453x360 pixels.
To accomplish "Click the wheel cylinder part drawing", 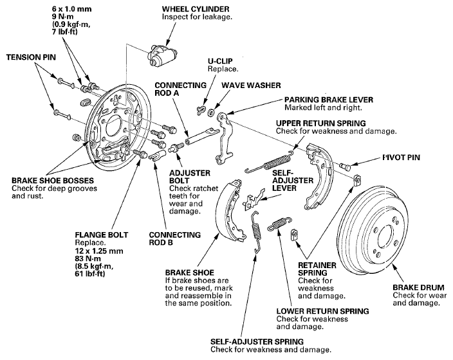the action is (162, 54).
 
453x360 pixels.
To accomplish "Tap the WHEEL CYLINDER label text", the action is (196, 9).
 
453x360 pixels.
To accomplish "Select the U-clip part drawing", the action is (201, 110).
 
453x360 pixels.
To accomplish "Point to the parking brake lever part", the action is (224, 136).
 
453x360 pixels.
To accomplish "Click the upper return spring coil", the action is (270, 162).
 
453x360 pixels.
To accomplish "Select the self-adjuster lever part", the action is (254, 199).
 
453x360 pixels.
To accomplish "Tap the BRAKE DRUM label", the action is (418, 287).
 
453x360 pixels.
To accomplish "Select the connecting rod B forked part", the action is (157, 155).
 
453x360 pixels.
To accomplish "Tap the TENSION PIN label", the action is (31, 57).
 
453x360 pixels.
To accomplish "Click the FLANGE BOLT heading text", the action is (102, 235).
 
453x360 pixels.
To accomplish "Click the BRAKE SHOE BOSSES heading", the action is (53, 181).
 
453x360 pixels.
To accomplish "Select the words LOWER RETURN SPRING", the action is (323, 311).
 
